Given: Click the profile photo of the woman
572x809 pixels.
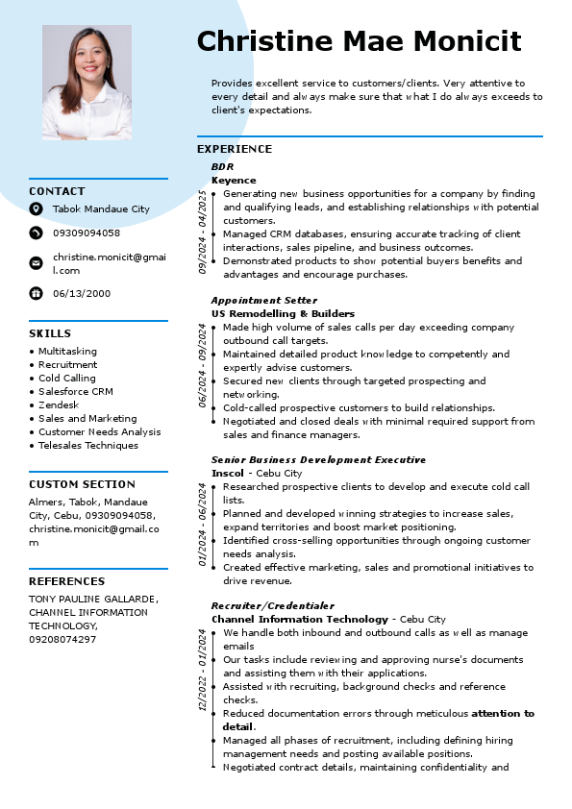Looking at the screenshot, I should [87, 83].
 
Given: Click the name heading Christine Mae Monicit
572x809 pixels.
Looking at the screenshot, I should [359, 41].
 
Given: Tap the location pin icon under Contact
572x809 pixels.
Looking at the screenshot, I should [36, 208].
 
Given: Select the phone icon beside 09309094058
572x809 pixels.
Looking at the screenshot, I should [36, 233].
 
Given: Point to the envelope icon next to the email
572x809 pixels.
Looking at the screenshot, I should [36, 262].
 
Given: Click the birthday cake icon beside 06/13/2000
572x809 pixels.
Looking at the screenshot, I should [36, 293].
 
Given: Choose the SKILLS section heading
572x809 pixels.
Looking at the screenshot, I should [50, 333].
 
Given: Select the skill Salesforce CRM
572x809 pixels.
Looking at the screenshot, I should [76, 391].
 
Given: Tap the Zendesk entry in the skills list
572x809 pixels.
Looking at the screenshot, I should [59, 404].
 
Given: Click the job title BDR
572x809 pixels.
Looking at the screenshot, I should [222, 166].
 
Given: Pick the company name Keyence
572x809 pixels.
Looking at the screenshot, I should [234, 180].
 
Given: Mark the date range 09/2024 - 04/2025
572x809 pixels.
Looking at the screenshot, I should [202, 232].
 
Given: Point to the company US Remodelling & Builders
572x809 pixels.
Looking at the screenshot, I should [283, 313].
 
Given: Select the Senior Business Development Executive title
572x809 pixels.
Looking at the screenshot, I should [318, 459].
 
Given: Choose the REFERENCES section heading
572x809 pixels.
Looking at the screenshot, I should [66, 581].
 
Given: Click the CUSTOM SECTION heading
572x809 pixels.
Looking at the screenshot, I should [82, 484].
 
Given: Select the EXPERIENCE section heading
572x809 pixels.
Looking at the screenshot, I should [235, 149].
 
